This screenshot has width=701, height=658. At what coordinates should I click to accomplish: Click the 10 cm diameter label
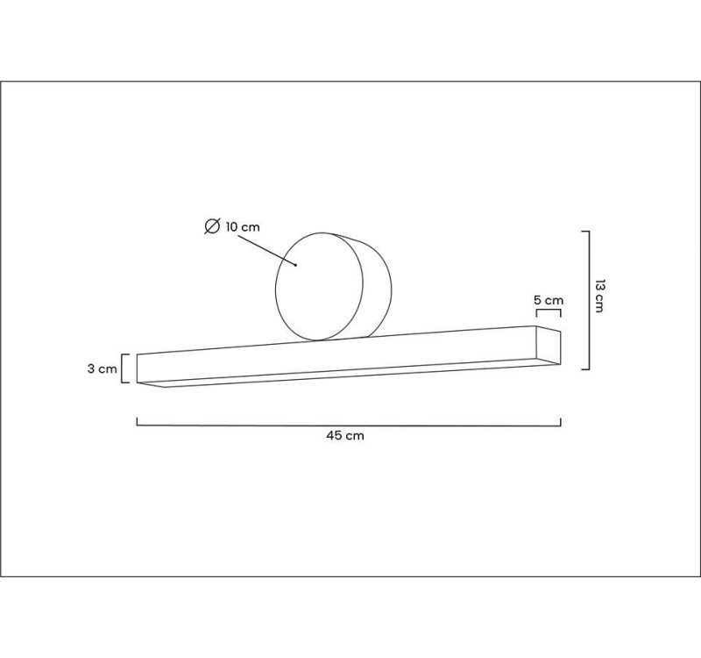coord(243,227)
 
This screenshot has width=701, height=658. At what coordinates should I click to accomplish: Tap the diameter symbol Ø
coord(211,227)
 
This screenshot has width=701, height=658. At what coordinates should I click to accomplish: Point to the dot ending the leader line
coord(296,264)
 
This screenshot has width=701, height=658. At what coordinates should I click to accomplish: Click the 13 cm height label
coord(600,297)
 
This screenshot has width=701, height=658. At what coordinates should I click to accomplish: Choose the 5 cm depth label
coord(549,300)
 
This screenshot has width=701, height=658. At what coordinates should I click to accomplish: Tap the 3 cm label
coord(102,369)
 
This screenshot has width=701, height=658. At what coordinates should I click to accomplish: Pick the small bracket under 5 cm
coord(549,311)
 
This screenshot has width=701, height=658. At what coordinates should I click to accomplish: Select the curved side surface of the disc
coord(377,285)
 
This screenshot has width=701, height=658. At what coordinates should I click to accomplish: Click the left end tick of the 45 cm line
coord(138,421)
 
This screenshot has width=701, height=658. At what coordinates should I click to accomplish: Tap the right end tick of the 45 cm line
coord(561,421)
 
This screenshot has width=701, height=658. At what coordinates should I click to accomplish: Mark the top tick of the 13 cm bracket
coord(585,232)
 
